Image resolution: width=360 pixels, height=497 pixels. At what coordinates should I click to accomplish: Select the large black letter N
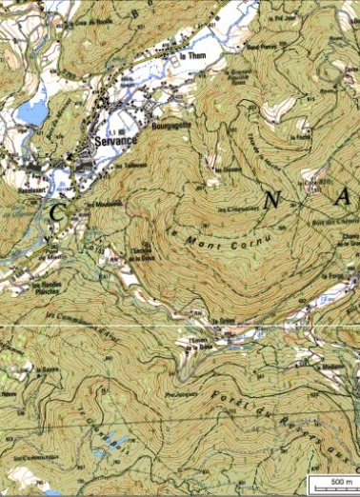[x=274, y=201]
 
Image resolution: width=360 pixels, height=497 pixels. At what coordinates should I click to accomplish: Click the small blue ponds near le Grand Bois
[x=112, y=440]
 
